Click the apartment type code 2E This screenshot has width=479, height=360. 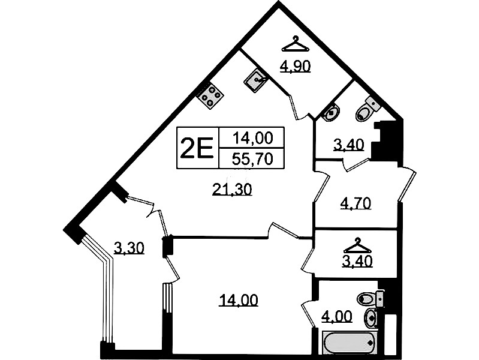coord(197,148)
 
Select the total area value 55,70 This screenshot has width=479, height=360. coord(252,159)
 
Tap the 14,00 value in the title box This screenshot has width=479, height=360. coord(252,138)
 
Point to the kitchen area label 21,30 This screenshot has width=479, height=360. coord(232,190)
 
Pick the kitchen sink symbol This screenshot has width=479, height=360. coord(256,80)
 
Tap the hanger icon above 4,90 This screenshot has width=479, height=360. coord(295,44)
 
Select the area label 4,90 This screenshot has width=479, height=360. coord(296,67)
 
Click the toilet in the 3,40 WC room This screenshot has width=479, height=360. coord(367,109)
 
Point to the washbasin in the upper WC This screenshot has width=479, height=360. coord(331,112)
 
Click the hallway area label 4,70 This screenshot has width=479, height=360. coord(356,203)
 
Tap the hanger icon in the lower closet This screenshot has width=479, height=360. coord(357,245)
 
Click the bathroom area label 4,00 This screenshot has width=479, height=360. coord(337,316)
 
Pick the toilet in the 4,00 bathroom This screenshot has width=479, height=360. coord(370,299)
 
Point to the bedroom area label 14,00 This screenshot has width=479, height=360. coord(239,301)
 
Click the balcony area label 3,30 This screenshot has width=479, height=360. coord(129,248)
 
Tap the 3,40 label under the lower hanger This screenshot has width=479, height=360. coord(357,261)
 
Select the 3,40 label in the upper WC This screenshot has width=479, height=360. coord(348,145)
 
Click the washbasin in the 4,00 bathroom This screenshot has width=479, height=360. coord(371,318)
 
